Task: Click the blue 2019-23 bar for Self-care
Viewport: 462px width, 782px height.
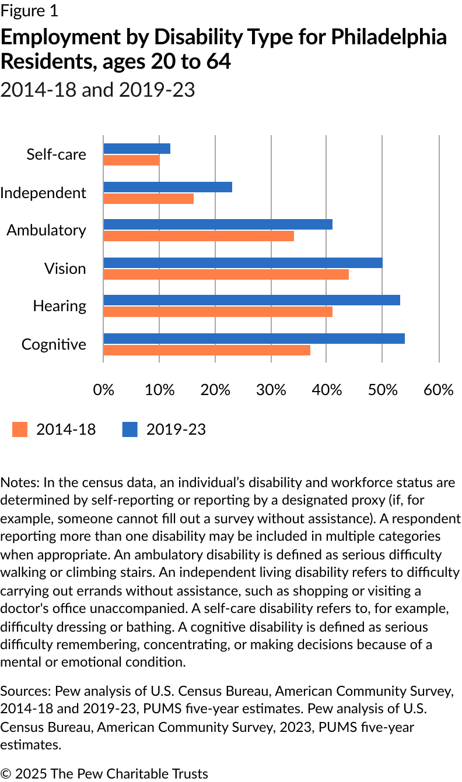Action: coord(136,149)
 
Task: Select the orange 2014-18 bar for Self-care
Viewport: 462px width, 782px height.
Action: coord(131,160)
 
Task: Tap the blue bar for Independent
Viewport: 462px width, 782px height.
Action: coord(167,187)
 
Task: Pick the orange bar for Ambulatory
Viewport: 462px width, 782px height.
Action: coord(198,236)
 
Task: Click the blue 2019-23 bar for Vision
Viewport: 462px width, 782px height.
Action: coord(243,263)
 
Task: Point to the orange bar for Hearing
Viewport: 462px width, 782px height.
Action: coord(218,312)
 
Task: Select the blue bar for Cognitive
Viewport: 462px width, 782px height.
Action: coord(254,339)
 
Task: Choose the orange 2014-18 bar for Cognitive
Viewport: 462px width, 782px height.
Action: coord(206,350)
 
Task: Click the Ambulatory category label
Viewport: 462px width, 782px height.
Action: coord(46,230)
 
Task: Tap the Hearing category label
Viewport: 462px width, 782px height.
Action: coord(60,306)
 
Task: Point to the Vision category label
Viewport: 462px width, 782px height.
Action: coord(65,269)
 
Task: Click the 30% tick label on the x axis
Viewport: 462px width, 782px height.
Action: coord(271,390)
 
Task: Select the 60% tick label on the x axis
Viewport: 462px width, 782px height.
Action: coord(439,390)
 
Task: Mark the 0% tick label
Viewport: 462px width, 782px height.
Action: coord(104,390)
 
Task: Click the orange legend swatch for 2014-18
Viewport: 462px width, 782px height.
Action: coord(20,429)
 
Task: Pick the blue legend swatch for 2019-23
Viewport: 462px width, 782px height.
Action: coord(129,429)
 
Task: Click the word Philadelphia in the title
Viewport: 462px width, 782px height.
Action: coord(388,37)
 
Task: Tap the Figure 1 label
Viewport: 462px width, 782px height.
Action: coord(29,10)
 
